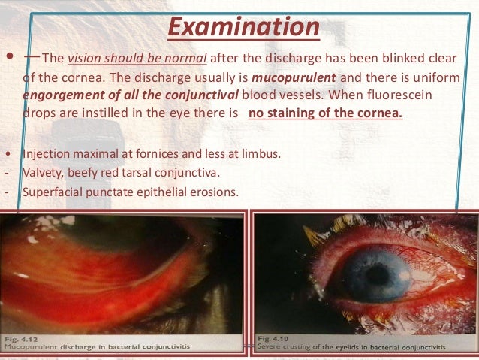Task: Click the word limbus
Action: pos(262,154)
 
